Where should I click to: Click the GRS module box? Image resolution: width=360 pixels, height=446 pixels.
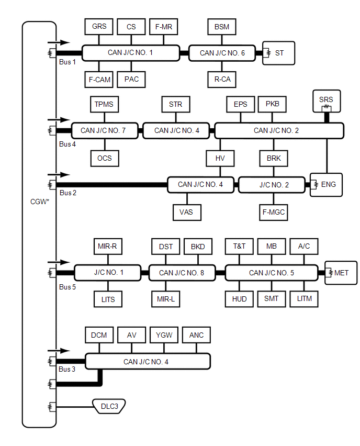[x=99, y=27]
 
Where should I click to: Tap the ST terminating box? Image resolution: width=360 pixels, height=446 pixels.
[x=279, y=53]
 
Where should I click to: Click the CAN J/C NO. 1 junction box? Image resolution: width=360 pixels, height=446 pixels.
[x=130, y=52]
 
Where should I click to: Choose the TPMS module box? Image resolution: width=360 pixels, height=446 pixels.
[x=104, y=104]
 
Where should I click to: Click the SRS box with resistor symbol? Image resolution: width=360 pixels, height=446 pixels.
[x=325, y=102]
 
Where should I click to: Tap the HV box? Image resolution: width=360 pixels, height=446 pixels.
[x=220, y=158]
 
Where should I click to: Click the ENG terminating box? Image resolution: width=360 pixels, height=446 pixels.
[x=327, y=184]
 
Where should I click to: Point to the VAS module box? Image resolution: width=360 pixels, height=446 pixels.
[x=186, y=212]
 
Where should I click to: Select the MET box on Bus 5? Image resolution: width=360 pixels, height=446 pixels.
[x=341, y=273]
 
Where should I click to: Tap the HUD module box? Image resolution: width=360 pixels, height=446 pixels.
[x=239, y=299]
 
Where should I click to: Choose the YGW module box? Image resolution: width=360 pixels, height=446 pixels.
[x=164, y=335]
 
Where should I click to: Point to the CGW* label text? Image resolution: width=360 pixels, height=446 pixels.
[x=40, y=200]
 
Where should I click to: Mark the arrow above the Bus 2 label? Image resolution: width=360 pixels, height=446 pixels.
[x=58, y=174]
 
